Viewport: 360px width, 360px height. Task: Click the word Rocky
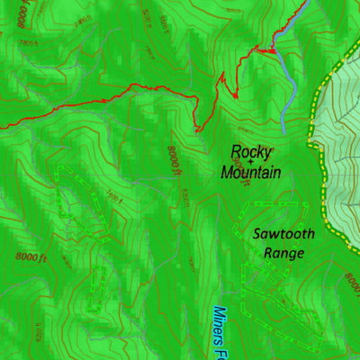pyautogui.click(x=251, y=152)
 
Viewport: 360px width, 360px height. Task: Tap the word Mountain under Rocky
pyautogui.click(x=251, y=172)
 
